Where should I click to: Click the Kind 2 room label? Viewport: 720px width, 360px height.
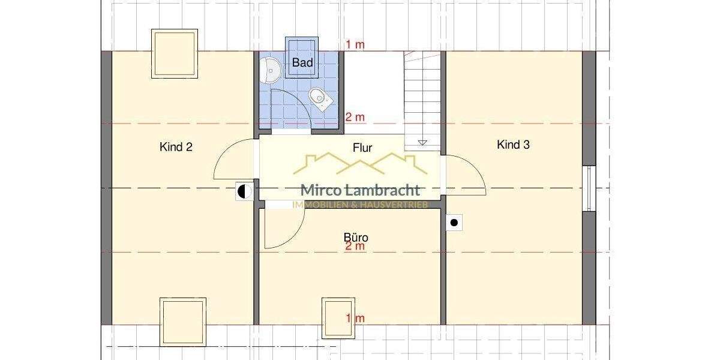point(176,146)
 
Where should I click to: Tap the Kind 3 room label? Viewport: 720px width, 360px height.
point(513,145)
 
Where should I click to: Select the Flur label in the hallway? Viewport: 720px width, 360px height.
point(362,147)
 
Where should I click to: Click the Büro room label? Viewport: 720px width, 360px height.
point(356,238)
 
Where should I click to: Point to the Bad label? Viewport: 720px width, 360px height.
point(302,62)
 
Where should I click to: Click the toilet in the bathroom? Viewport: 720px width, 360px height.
point(319,98)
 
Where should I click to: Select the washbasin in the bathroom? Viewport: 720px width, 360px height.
point(271,71)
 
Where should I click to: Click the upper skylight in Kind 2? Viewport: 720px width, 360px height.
point(175,54)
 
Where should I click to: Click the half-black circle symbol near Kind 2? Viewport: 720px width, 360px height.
point(244,192)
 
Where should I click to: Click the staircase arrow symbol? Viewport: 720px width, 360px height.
point(422,142)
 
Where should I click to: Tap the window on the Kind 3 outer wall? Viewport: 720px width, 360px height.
point(589,188)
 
